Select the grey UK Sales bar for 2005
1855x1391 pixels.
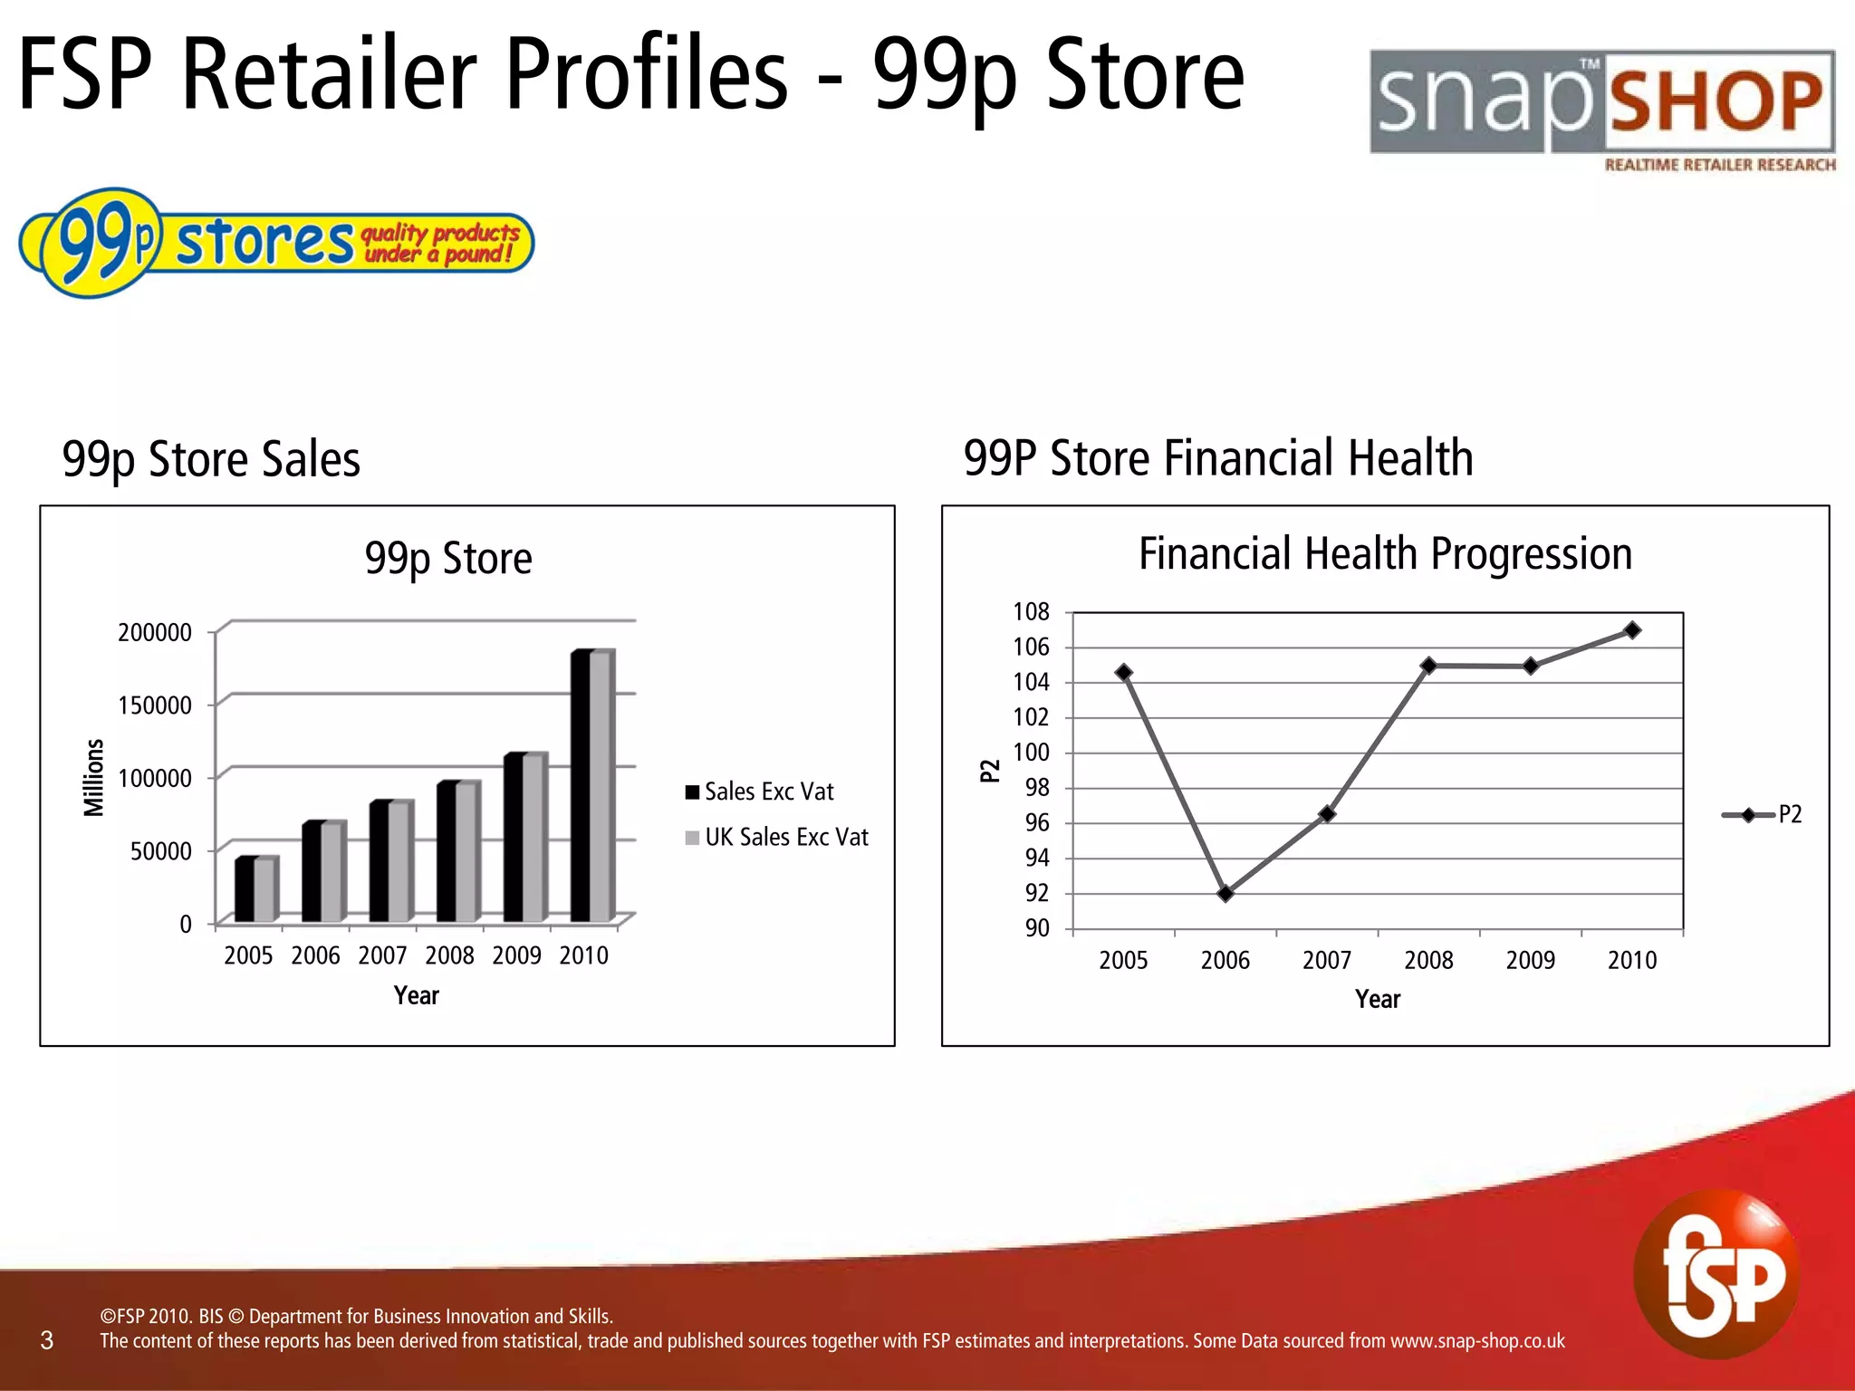(x=264, y=889)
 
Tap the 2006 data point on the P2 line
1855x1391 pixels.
(x=1225, y=894)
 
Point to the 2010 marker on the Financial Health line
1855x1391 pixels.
(x=1632, y=630)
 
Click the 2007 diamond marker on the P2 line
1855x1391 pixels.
(x=1327, y=814)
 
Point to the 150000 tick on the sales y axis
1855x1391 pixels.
(x=155, y=705)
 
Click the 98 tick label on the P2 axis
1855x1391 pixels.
(x=1037, y=788)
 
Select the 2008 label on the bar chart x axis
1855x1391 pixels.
(x=449, y=955)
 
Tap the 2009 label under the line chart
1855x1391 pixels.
(x=1530, y=960)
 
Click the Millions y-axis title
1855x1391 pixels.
(x=94, y=777)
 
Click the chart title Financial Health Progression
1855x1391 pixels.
(x=1385, y=553)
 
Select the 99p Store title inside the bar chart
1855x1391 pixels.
(x=448, y=558)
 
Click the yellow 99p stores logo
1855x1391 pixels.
(x=276, y=242)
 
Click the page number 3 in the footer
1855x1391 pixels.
(x=47, y=1340)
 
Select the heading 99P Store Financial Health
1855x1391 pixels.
(x=1217, y=457)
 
